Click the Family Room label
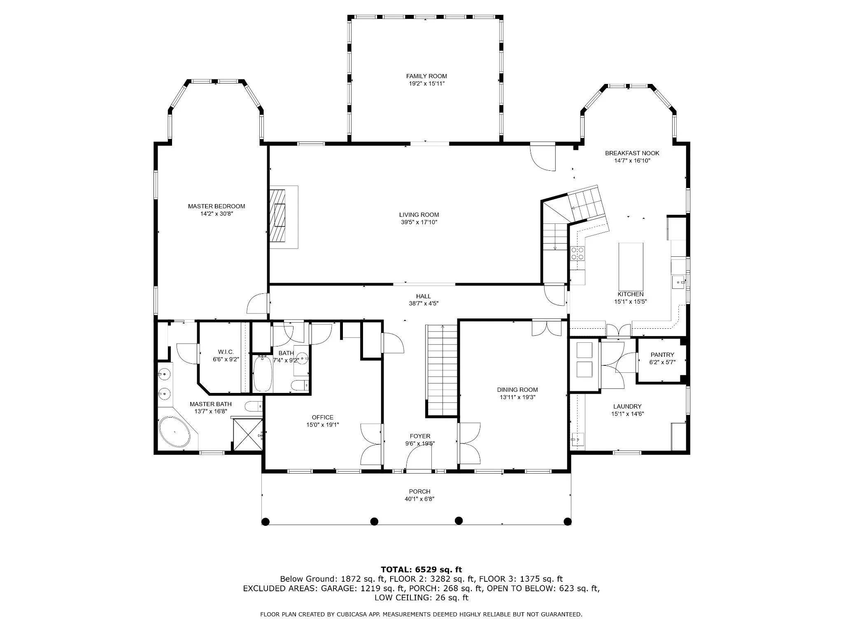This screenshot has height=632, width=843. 426,76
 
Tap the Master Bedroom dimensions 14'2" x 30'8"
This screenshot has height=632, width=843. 217,214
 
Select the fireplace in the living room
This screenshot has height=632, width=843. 284,217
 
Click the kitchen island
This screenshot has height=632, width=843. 631,267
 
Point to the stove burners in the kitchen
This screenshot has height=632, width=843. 577,253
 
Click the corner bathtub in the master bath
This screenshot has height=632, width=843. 175,432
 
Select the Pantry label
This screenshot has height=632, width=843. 662,355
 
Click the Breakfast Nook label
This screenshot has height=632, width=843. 632,153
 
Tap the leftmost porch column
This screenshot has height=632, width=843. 266,522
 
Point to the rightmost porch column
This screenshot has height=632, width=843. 568,522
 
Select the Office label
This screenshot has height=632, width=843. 323,417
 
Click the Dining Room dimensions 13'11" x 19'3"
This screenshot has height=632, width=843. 517,397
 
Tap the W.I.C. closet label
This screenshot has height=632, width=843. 226,352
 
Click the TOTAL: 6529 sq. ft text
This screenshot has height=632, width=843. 421,569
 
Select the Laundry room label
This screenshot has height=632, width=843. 627,407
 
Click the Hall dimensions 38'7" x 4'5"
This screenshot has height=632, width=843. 424,304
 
